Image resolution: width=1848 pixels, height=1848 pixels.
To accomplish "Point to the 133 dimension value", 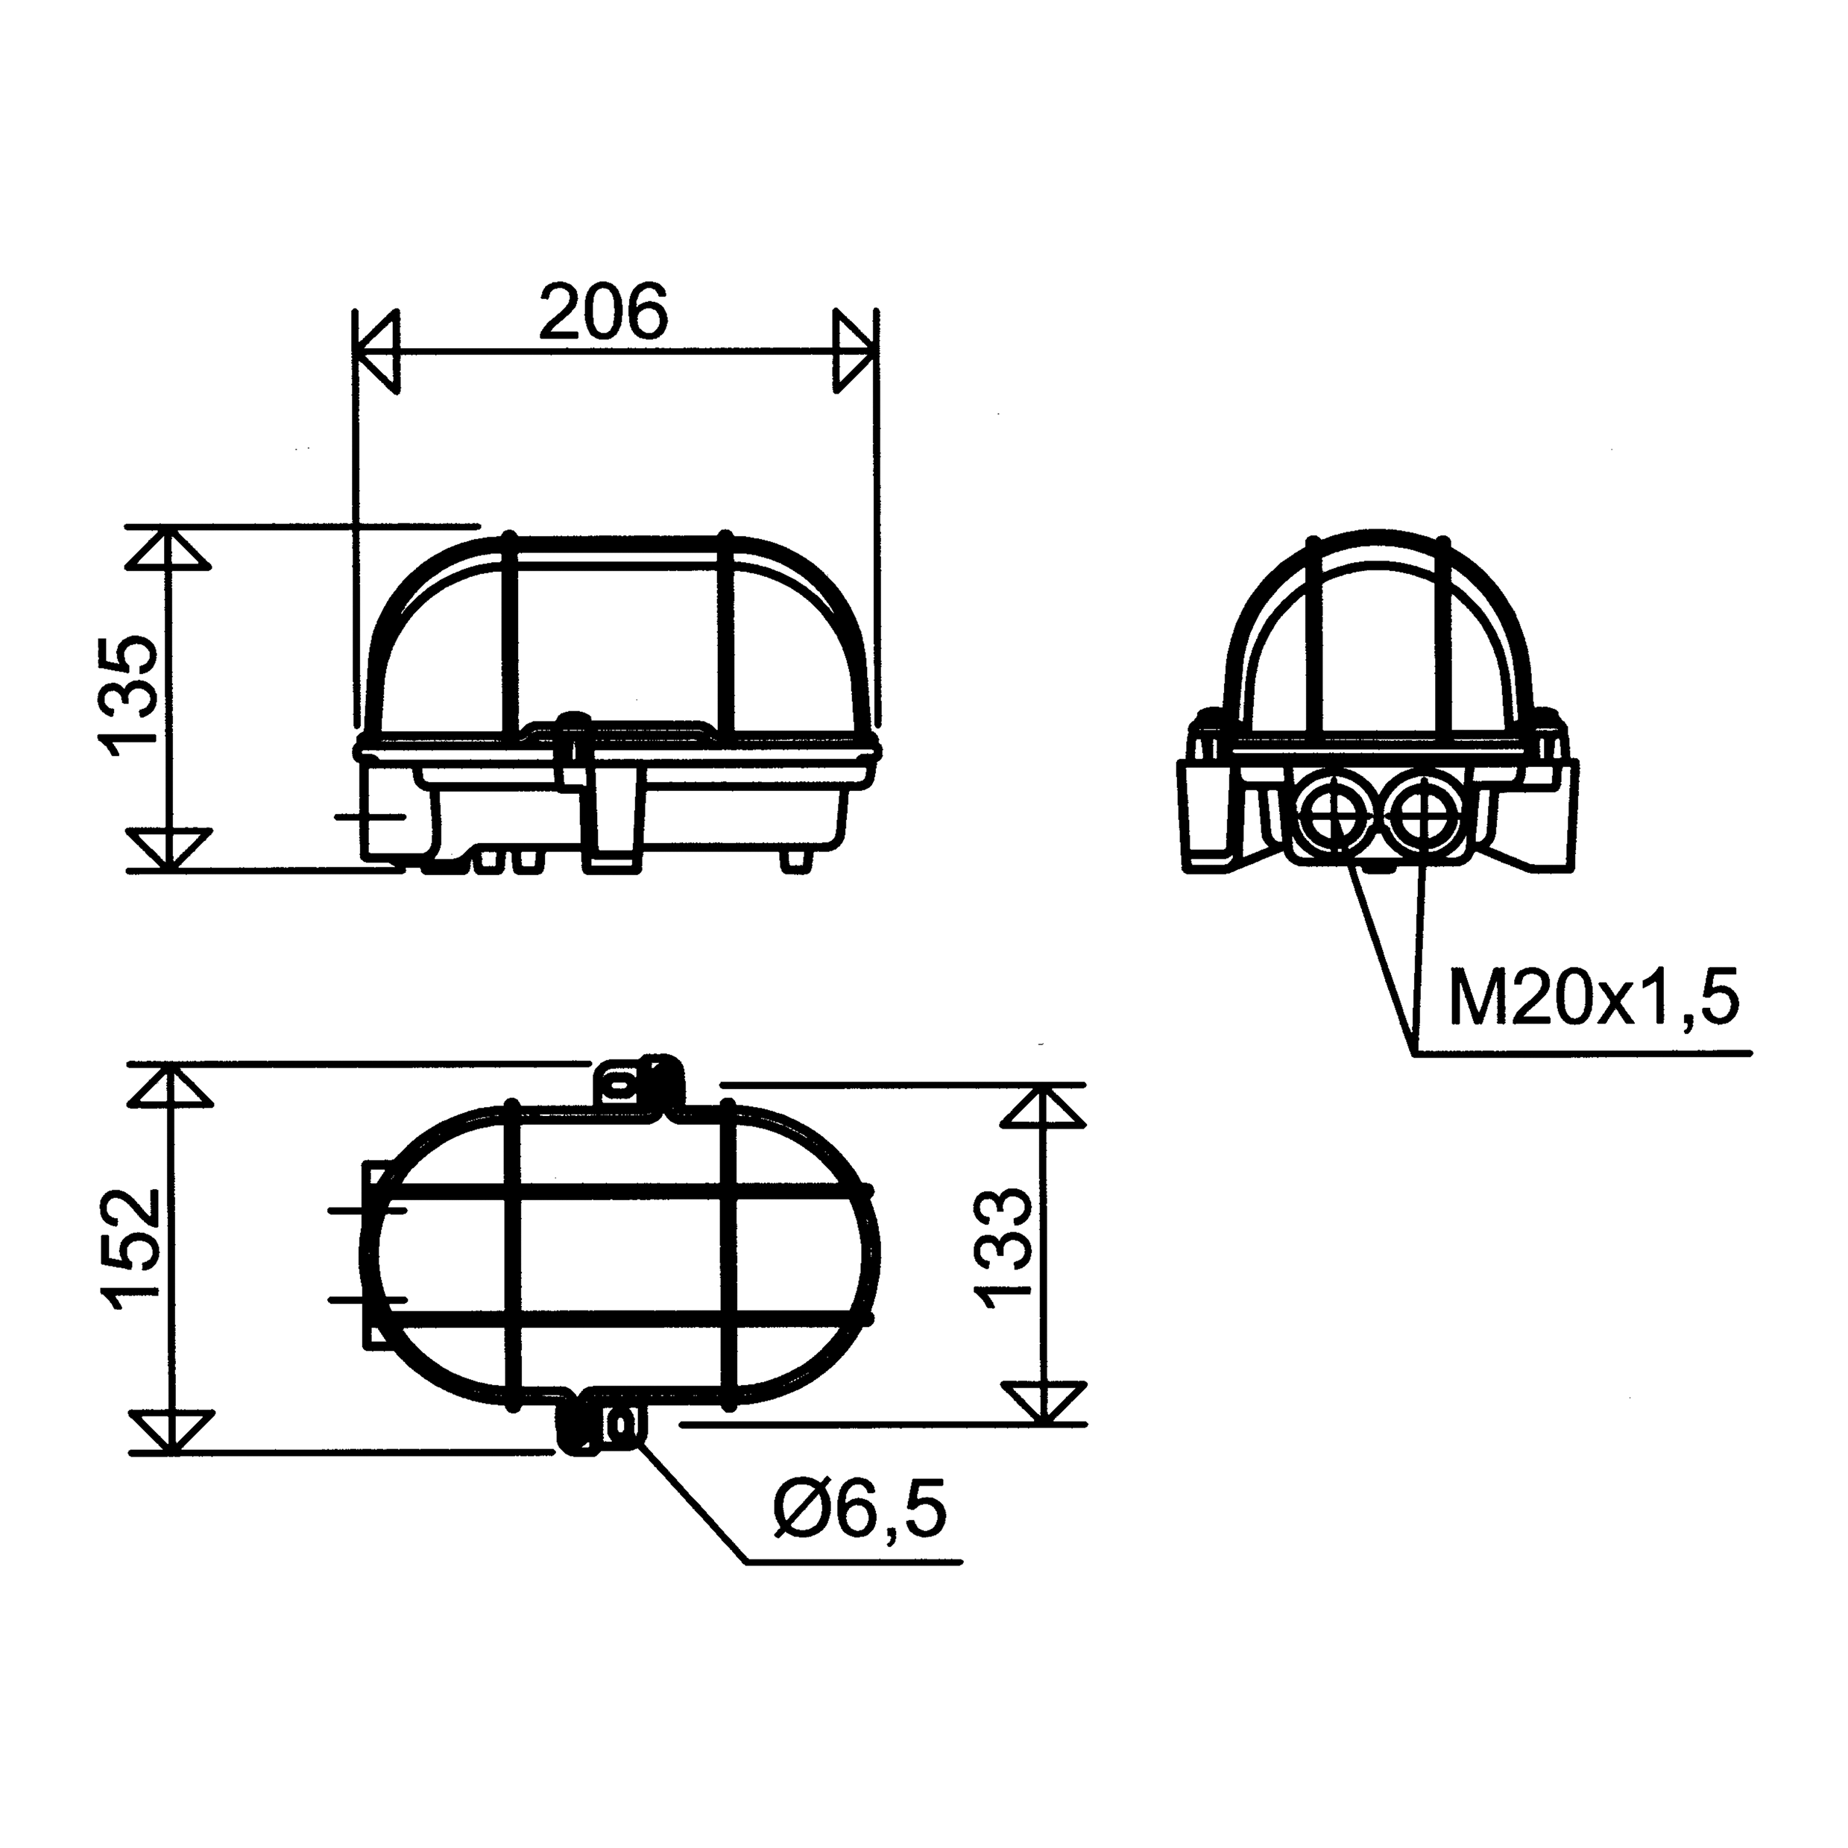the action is point(1003,1248).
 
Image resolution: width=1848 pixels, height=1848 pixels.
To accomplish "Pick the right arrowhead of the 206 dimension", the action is point(854,350).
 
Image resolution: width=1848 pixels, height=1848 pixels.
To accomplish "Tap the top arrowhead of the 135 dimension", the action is point(168,548).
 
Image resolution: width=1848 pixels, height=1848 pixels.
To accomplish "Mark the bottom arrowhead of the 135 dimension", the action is point(168,849).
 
